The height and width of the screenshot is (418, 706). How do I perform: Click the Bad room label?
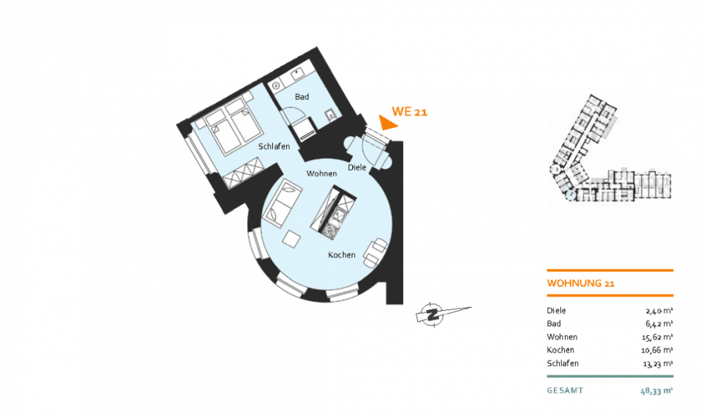pyautogui.click(x=302, y=97)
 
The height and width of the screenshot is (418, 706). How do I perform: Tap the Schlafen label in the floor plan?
pyautogui.click(x=274, y=147)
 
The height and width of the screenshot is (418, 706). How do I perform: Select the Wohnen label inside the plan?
pyautogui.click(x=321, y=173)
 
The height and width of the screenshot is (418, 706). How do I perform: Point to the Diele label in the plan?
pyautogui.click(x=357, y=167)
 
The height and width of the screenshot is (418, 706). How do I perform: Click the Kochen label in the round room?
pyautogui.click(x=342, y=255)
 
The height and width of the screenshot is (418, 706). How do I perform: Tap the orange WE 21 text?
pyautogui.click(x=410, y=112)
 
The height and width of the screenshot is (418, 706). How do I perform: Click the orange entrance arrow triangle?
pyautogui.click(x=387, y=123)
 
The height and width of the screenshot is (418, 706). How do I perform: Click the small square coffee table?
pyautogui.click(x=292, y=238)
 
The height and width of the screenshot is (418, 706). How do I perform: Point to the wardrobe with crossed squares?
pyautogui.click(x=243, y=173)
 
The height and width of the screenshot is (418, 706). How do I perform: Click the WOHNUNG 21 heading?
pyautogui.click(x=580, y=283)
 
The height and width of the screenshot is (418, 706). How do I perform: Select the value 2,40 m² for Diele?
pyautogui.click(x=659, y=311)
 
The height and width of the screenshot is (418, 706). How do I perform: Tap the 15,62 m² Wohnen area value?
pyautogui.click(x=657, y=337)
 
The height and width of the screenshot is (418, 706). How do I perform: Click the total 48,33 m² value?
pyautogui.click(x=657, y=391)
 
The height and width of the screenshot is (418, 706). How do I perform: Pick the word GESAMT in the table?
pyautogui.click(x=565, y=391)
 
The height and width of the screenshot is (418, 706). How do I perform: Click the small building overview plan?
pyautogui.click(x=610, y=148)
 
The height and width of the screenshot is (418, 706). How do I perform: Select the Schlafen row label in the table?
pyautogui.click(x=563, y=363)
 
